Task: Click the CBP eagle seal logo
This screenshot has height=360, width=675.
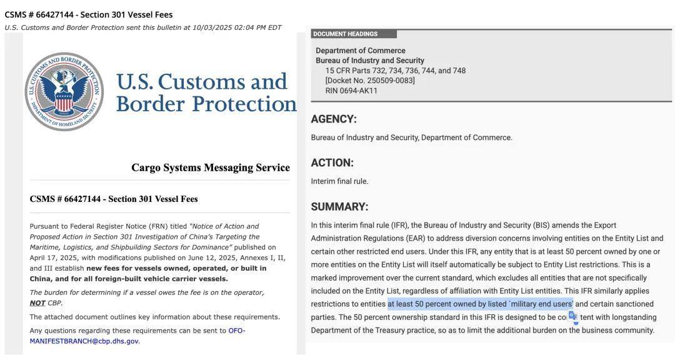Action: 64,91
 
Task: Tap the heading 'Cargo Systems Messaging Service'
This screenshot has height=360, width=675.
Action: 210,167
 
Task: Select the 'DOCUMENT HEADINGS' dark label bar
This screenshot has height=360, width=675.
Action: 353,34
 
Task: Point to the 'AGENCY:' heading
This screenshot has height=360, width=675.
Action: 334,119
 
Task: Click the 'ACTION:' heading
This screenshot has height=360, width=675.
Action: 332,162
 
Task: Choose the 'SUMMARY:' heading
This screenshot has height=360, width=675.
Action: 339,206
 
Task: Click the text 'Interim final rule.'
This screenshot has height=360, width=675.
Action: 339,181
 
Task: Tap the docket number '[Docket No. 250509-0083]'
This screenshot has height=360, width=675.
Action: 370,81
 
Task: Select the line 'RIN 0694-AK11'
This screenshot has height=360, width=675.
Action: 351,91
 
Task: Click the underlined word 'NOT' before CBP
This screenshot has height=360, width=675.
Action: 37,303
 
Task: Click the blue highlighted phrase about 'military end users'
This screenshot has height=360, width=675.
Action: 480,304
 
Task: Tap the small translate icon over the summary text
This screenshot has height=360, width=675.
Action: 572,316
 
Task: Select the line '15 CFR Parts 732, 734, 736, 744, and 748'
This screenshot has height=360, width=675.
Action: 395,71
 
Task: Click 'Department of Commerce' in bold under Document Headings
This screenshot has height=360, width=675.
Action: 360,51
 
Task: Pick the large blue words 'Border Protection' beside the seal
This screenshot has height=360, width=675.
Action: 206,103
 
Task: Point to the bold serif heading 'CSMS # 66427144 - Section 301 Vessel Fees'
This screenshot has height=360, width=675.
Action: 114,199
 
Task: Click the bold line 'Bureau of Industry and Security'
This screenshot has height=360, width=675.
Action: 369,61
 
